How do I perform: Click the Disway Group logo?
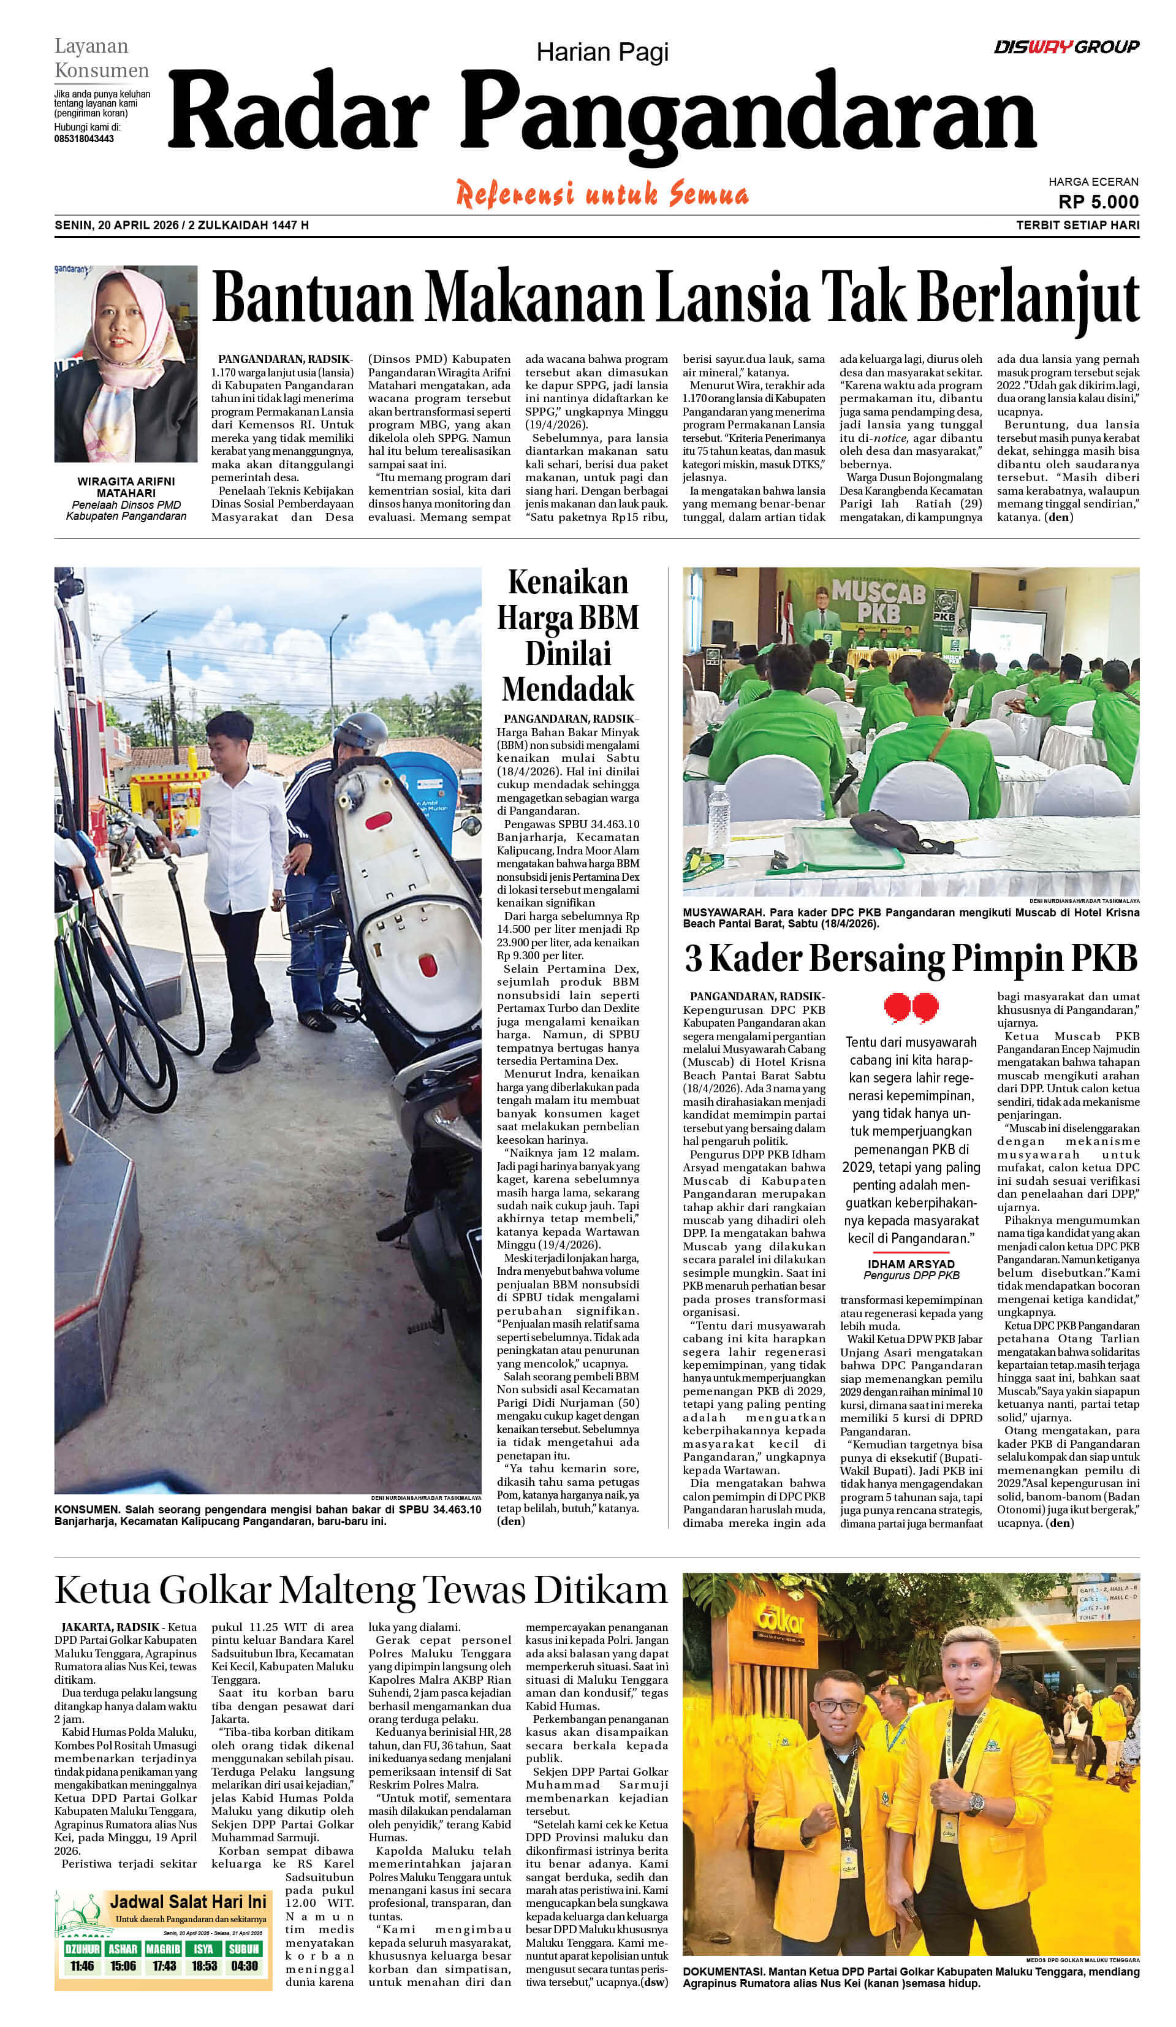1066,47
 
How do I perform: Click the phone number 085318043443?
84,139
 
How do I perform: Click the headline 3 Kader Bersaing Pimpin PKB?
911,958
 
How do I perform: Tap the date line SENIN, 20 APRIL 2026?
116,225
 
